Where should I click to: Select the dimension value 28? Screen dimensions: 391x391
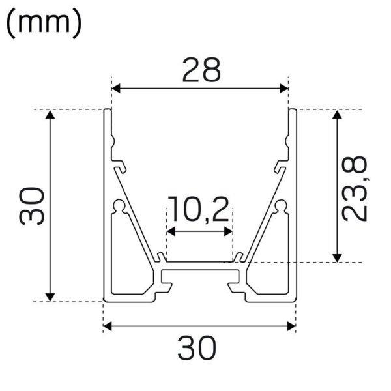[201, 70]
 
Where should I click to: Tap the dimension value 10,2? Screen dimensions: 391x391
[198, 210]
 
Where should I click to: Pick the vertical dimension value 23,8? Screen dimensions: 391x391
[355, 188]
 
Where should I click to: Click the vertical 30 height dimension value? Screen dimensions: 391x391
[32, 206]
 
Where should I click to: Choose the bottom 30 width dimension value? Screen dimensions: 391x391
[197, 348]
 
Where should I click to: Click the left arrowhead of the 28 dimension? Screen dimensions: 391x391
[116, 88]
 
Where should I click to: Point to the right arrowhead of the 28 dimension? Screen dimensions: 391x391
[284, 88]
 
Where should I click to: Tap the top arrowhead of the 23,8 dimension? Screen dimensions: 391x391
[337, 115]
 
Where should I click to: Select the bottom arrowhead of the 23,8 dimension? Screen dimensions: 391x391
[337, 258]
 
